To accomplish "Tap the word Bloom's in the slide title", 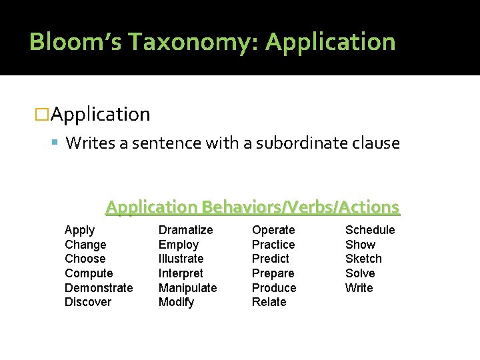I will pyautogui.click(x=75, y=42).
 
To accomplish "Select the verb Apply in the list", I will pyautogui.click(x=79, y=230).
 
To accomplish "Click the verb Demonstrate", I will pyautogui.click(x=99, y=288).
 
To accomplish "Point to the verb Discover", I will pyautogui.click(x=88, y=302).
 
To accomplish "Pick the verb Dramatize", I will pyautogui.click(x=185, y=230).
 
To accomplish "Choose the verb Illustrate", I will pyautogui.click(x=181, y=259).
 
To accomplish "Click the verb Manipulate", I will pyautogui.click(x=187, y=288).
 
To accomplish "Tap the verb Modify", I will pyautogui.click(x=176, y=302).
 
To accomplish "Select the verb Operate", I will pyautogui.click(x=273, y=230).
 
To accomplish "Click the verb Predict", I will pyautogui.click(x=270, y=259).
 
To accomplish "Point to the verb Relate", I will pyautogui.click(x=269, y=302).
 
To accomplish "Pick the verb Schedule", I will pyautogui.click(x=370, y=230).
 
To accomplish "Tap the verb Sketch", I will pyautogui.click(x=363, y=259).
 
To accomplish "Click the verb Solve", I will pyautogui.click(x=360, y=273).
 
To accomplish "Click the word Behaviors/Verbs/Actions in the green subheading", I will pyautogui.click(x=301, y=207).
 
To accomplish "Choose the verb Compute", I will pyautogui.click(x=89, y=273).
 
